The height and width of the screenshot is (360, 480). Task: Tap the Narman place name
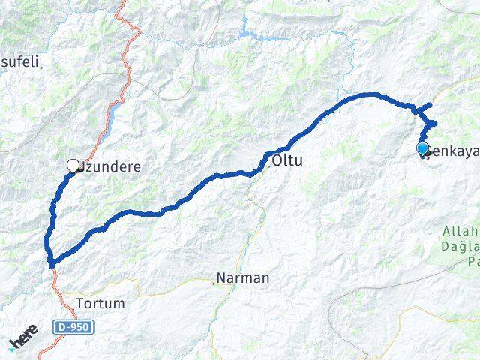coord(243,278)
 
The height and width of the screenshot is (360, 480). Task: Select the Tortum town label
coord(100,304)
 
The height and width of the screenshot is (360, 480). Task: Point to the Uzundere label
coord(111,166)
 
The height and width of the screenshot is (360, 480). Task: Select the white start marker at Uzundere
coord(73,166)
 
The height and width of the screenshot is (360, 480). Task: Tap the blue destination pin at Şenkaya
coord(422,148)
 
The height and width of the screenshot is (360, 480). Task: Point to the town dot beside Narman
coord(213,282)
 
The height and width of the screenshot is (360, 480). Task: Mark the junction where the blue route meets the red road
coord(51,262)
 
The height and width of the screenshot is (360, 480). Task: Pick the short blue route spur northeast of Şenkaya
coord(424,106)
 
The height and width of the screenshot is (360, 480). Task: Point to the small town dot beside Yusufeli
coord(42,67)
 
